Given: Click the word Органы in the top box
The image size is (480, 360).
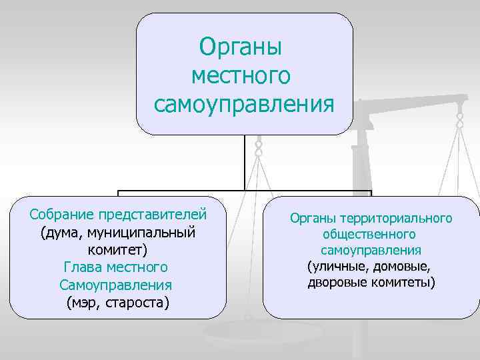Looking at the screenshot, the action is (241, 47).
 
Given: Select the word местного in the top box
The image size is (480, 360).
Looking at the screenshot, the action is (241, 75).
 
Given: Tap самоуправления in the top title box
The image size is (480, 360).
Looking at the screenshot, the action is (243, 105).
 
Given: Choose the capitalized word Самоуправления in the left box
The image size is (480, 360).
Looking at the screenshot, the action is (115, 285).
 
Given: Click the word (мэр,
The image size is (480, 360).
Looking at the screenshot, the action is (85, 303).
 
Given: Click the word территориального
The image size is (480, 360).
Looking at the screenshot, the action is (395, 218).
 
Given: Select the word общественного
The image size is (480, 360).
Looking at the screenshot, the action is (369, 235).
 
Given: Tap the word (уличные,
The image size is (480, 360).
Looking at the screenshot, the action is (337, 267).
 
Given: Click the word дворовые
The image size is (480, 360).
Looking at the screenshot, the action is (334, 283).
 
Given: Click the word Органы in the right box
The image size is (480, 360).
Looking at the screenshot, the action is (313, 218).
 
